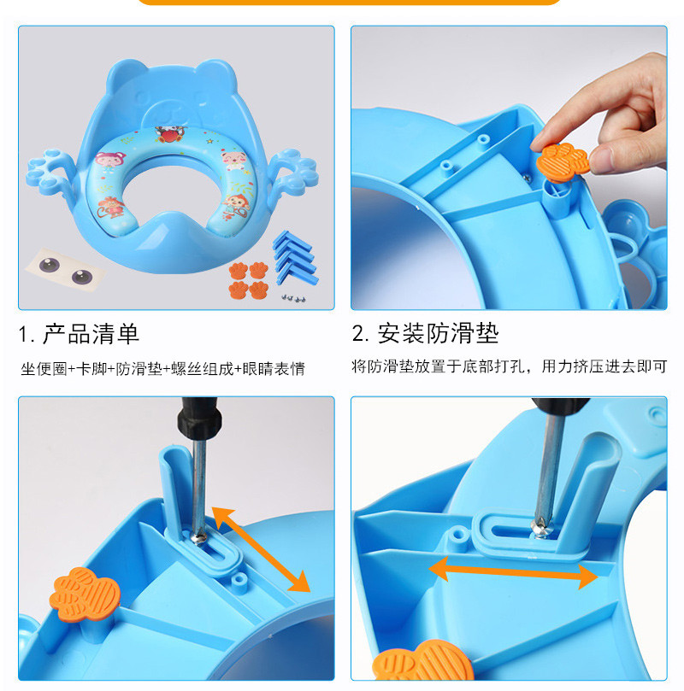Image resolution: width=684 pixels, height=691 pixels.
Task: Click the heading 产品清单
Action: [x=91, y=334]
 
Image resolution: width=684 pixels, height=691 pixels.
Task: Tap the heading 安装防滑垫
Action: [x=438, y=333]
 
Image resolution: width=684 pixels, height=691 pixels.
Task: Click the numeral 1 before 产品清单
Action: [x=23, y=335]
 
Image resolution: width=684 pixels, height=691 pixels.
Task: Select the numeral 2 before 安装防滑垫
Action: [x=358, y=334]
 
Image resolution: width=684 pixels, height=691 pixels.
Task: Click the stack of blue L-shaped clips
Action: [x=295, y=257]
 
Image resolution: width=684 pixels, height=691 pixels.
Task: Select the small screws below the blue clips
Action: [x=294, y=298]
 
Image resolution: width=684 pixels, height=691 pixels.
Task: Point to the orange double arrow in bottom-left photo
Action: [x=261, y=549]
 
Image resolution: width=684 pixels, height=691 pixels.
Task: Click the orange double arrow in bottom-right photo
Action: [x=513, y=572]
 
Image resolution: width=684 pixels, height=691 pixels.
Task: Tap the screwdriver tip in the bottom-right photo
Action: [x=540, y=529]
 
